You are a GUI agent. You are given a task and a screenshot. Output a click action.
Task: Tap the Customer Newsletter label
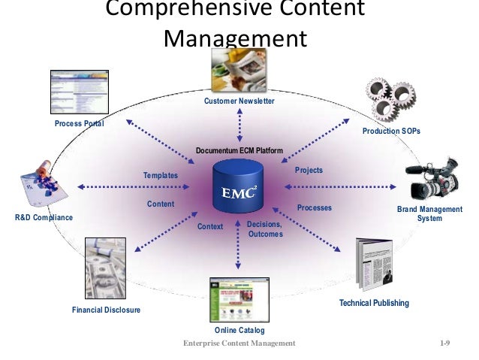239,101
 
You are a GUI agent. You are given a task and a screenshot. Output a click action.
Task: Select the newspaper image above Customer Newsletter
239,71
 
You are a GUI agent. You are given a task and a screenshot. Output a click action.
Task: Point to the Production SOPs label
391,131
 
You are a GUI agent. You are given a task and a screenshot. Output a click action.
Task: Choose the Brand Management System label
429,213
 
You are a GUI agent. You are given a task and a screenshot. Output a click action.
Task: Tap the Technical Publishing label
374,303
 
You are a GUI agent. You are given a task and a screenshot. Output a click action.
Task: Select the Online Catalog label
239,331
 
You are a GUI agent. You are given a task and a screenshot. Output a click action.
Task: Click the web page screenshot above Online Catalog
235,301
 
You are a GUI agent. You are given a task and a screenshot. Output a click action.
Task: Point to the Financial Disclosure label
106,310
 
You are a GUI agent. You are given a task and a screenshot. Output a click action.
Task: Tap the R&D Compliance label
44,217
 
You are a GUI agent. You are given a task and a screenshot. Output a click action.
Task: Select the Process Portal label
79,123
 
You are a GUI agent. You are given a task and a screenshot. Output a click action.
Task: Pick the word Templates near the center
161,176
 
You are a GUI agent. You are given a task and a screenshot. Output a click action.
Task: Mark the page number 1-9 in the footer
444,343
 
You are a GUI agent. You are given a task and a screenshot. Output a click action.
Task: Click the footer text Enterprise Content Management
239,343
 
